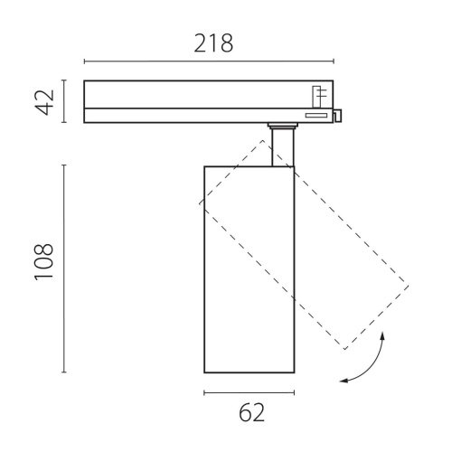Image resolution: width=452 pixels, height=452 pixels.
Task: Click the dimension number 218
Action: click(x=213, y=43)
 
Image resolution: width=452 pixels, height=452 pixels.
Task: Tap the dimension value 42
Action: click(x=45, y=102)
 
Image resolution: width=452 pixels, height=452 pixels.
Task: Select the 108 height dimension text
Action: click(x=43, y=262)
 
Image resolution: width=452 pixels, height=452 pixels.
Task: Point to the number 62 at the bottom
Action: click(x=251, y=412)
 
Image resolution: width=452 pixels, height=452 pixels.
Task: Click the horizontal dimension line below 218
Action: click(x=209, y=61)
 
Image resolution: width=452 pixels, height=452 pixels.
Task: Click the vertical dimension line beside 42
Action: click(x=64, y=101)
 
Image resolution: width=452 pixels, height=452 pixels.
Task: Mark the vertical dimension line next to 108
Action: click(x=64, y=268)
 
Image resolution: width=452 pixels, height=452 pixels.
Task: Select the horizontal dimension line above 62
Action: click(x=250, y=392)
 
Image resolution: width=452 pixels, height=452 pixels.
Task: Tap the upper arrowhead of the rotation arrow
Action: click(x=382, y=334)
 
